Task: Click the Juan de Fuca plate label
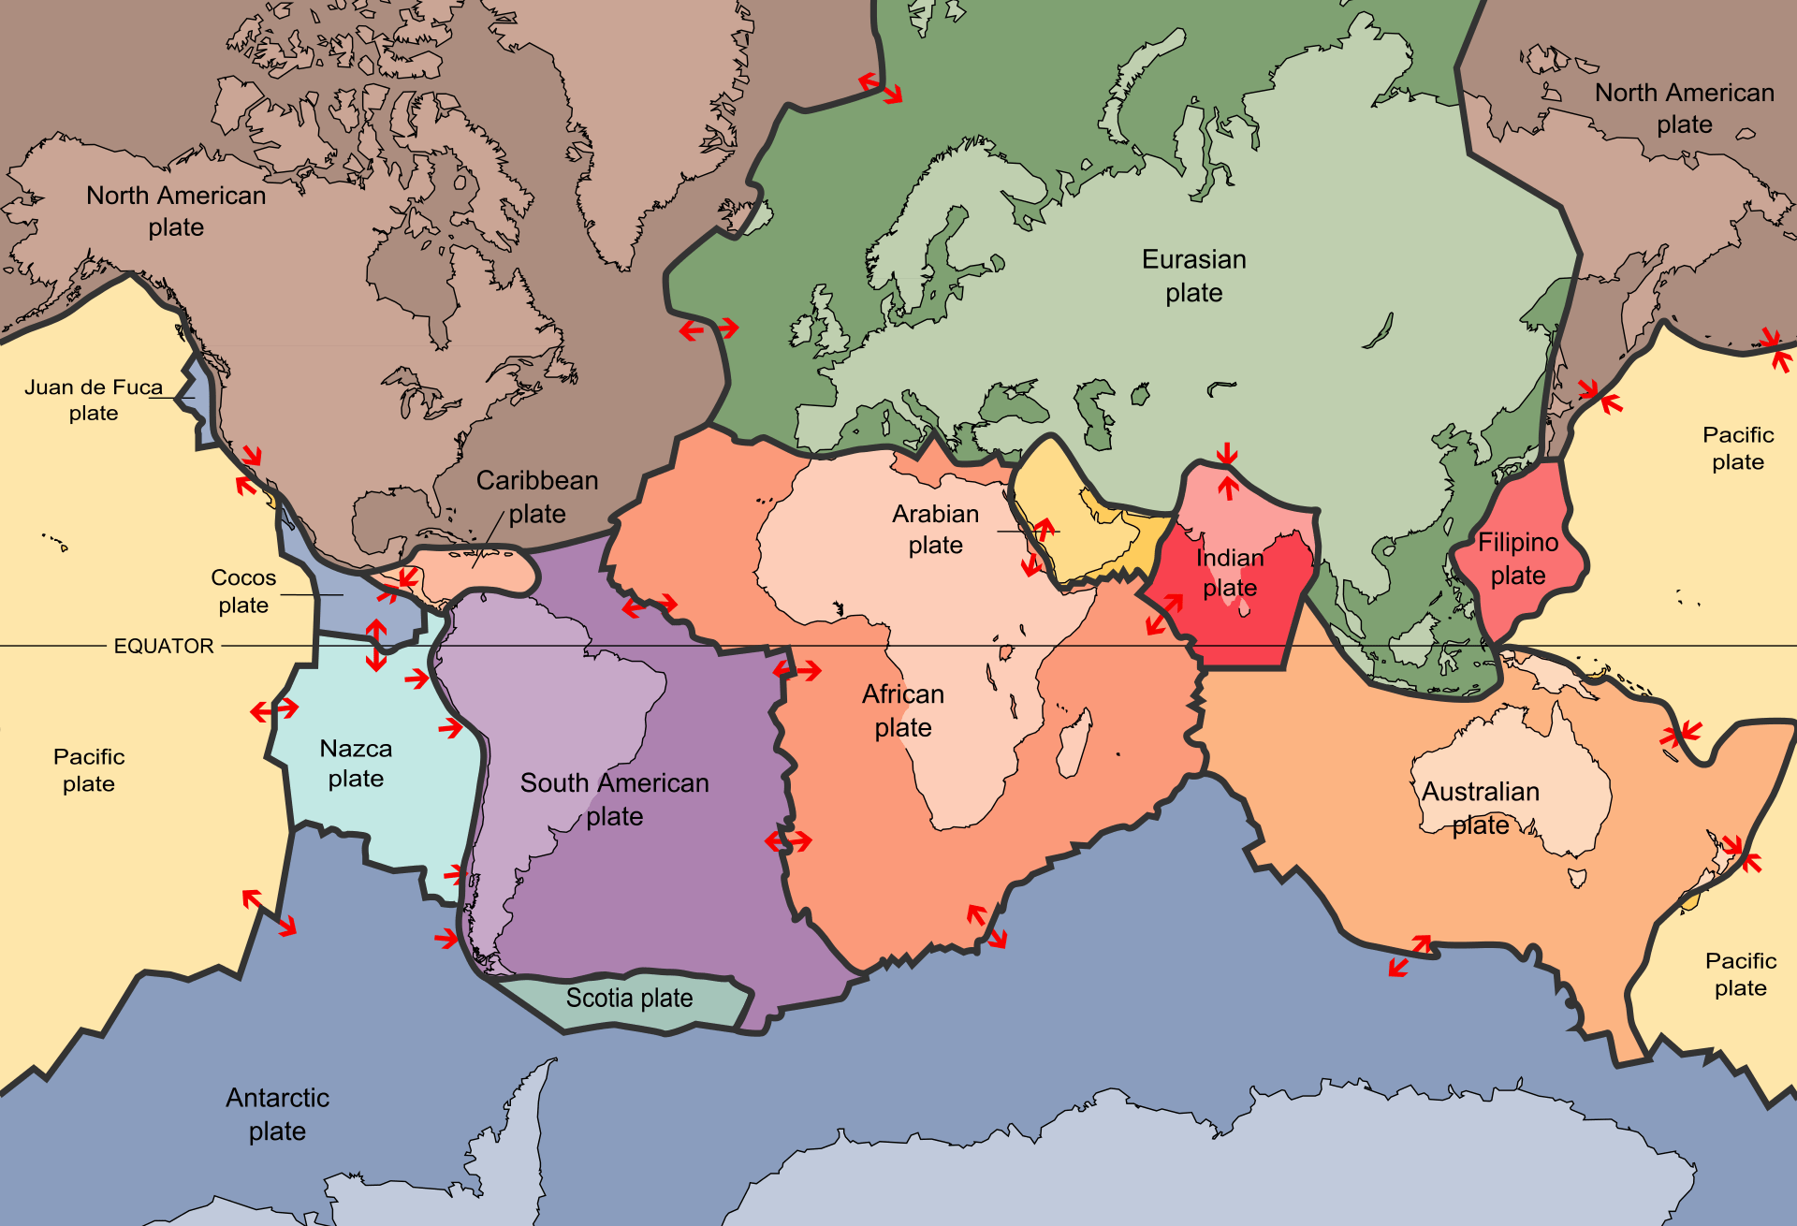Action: point(94,400)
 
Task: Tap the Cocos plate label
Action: point(243,591)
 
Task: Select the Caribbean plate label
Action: point(537,496)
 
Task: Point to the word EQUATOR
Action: point(164,646)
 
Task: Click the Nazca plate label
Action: point(356,763)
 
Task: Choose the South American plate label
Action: point(615,798)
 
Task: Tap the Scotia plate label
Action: point(629,999)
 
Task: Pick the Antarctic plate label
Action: point(278,1114)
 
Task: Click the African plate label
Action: point(903,710)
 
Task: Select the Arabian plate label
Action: point(935,529)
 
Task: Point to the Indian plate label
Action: point(1230,572)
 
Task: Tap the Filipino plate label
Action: point(1518,559)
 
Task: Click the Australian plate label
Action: point(1481,808)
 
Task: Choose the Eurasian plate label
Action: point(1194,275)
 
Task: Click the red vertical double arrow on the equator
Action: point(376,645)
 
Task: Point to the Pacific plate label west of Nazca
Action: point(89,769)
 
